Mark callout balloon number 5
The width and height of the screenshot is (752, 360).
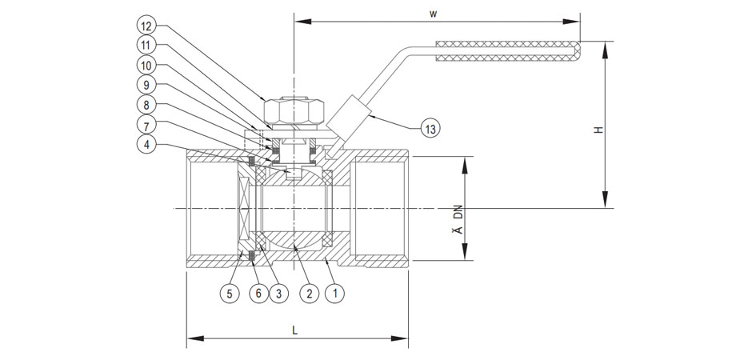coord(230,294)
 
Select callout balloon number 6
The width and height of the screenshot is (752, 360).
coord(257,294)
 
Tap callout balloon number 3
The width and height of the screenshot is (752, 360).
coord(279,294)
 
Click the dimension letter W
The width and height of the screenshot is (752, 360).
coord(433,13)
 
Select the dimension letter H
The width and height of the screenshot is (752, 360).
coord(598,129)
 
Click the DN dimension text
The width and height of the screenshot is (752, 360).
coord(458,213)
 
